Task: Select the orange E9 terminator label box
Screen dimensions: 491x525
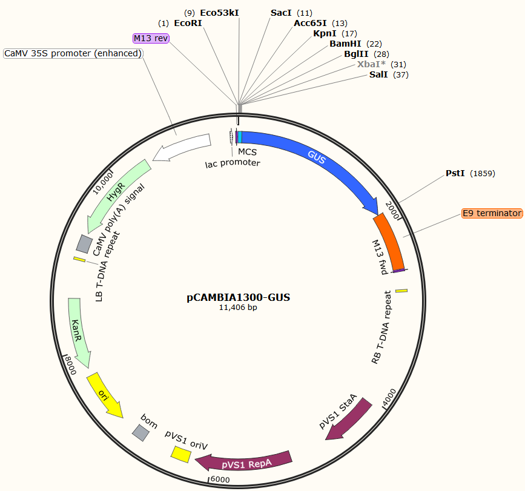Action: coord(491,213)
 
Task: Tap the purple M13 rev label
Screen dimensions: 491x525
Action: coord(151,39)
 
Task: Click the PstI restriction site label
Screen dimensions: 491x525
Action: coord(455,173)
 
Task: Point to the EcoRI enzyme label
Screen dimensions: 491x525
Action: coord(188,23)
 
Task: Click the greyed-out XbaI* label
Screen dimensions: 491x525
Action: coord(372,64)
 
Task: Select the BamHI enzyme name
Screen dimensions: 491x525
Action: coord(345,44)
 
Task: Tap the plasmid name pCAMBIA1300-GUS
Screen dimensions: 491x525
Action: coord(239,297)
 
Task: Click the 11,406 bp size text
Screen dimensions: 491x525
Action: coord(238,308)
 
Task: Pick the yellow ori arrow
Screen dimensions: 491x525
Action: coord(104,394)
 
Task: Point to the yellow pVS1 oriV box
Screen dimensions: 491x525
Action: coord(179,453)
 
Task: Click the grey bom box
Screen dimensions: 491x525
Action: coord(141,432)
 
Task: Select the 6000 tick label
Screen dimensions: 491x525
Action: coord(220,479)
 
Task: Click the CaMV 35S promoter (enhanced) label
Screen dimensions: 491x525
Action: coord(73,53)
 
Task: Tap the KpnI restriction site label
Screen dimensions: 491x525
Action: coord(325,33)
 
